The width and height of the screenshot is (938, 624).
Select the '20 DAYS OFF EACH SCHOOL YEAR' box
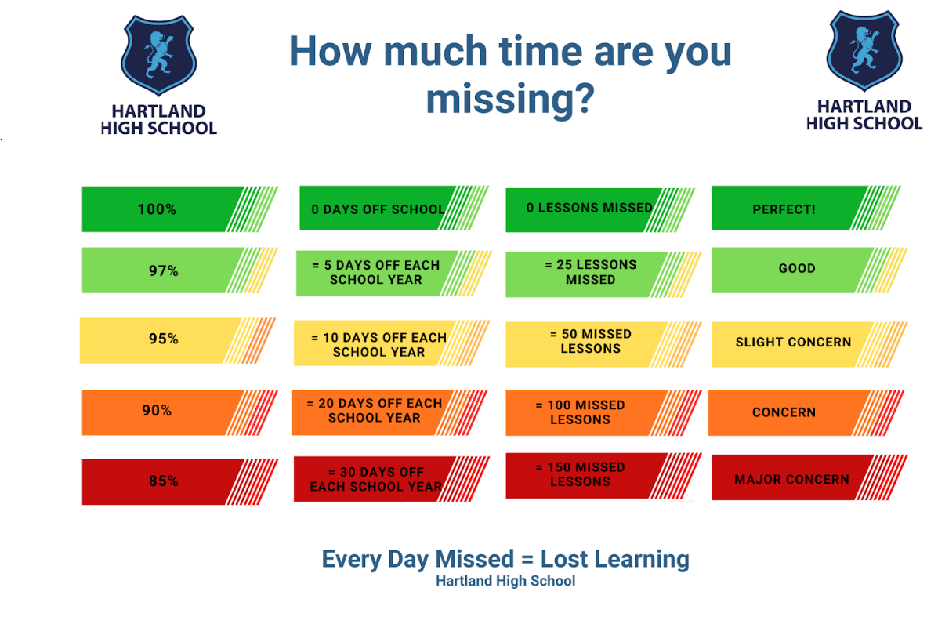coord(389,412)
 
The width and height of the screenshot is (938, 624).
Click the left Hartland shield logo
coord(158,56)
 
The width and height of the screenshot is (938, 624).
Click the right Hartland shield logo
coord(864,51)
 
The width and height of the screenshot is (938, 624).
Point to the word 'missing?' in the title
coord(510,99)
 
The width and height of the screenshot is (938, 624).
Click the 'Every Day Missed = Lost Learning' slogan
coord(505,559)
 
